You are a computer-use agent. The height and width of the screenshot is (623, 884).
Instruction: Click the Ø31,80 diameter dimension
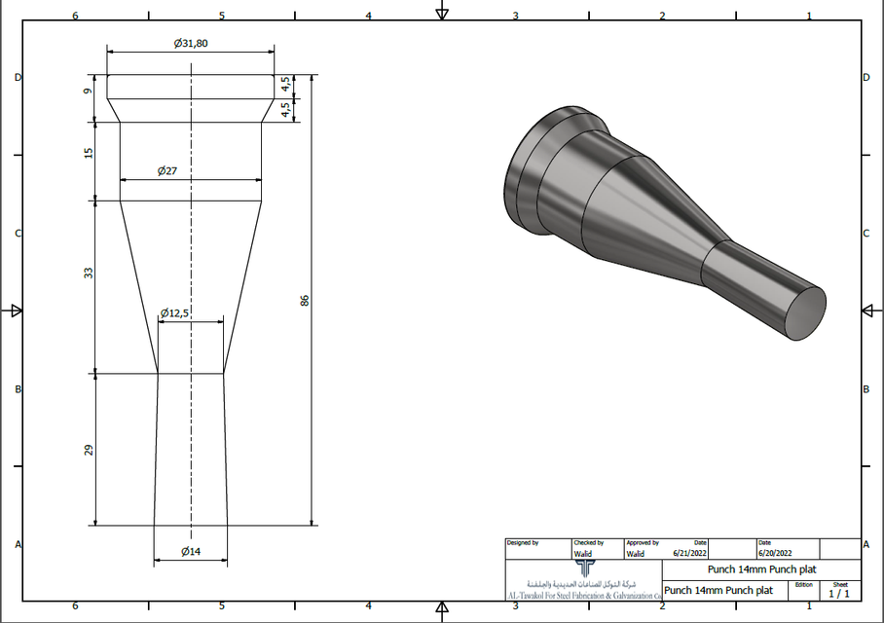(190, 43)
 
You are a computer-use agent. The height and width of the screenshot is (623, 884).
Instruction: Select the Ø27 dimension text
(166, 171)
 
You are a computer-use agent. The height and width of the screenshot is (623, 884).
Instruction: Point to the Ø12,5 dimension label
(176, 312)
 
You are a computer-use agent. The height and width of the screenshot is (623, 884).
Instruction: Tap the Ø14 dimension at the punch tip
(190, 552)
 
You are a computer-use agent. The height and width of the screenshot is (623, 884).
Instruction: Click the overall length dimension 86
(304, 301)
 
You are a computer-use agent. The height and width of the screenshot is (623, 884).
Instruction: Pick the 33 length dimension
(89, 275)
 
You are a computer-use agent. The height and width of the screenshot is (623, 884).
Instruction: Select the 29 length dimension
(89, 450)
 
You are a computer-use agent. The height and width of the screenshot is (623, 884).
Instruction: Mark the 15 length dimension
(89, 154)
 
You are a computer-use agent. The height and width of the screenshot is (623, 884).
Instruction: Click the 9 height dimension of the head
(88, 92)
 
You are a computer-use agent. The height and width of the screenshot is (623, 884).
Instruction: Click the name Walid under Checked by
(582, 554)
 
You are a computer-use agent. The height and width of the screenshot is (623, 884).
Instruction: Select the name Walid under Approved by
(635, 554)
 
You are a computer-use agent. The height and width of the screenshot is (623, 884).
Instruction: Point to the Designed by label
(522, 542)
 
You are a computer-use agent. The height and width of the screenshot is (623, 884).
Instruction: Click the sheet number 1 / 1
(839, 593)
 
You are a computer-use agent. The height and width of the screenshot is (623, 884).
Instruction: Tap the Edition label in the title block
(803, 584)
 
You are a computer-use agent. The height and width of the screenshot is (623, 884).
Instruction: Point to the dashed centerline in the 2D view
(191, 253)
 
